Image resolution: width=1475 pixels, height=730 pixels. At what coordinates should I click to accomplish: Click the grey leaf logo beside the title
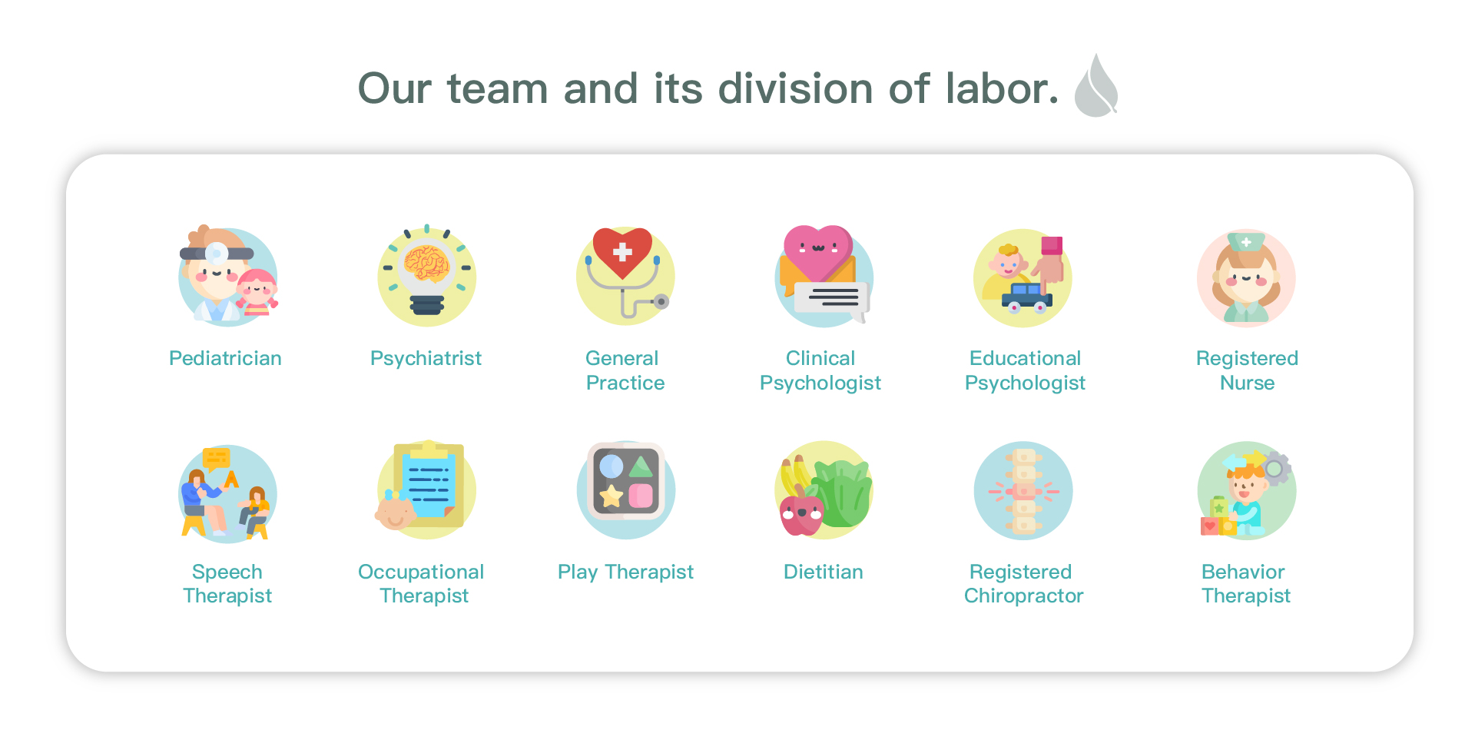(x=1096, y=86)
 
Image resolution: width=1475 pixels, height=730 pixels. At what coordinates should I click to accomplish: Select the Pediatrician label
(x=225, y=358)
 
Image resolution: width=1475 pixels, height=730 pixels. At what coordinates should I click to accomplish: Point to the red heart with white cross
(x=622, y=252)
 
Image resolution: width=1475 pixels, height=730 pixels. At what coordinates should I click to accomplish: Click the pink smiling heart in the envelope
(x=817, y=252)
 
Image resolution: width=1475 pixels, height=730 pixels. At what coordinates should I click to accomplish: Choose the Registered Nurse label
(x=1247, y=370)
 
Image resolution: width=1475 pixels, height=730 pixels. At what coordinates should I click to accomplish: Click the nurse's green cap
(x=1246, y=241)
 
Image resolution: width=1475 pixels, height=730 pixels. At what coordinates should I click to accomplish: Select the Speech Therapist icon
(x=227, y=493)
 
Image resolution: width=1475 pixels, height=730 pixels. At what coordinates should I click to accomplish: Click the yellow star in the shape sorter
(x=612, y=496)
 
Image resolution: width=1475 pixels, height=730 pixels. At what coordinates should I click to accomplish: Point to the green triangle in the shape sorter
(x=641, y=466)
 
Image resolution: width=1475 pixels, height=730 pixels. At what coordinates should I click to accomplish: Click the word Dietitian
(x=824, y=572)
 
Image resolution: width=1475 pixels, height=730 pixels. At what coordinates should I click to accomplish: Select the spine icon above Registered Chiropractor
(x=1023, y=491)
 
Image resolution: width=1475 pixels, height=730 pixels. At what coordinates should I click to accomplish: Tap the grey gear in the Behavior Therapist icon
(x=1275, y=468)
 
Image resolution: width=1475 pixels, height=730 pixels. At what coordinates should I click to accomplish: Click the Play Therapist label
(x=625, y=572)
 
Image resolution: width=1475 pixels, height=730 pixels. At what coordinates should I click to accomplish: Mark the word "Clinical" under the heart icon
(x=820, y=358)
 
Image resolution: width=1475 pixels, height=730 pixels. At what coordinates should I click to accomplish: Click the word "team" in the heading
(x=498, y=88)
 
